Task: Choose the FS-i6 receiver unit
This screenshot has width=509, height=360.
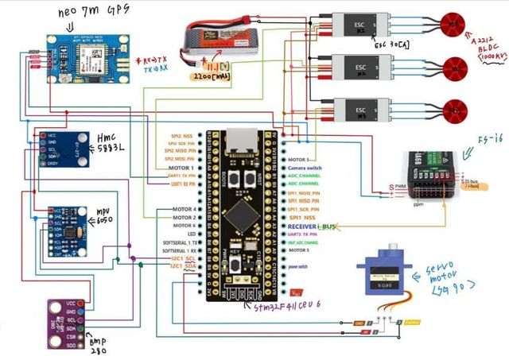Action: [434, 175]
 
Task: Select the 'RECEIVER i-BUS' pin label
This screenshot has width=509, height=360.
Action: [318, 227]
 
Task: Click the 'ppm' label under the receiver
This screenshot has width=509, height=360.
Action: [421, 204]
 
